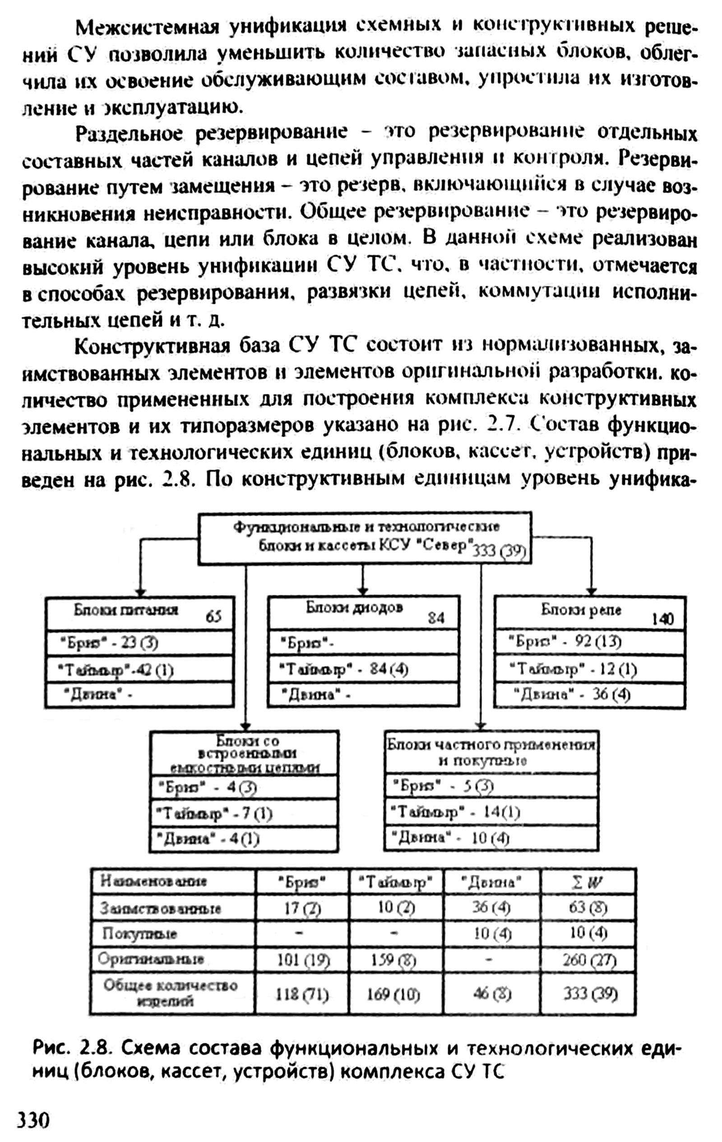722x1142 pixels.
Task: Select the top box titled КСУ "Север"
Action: click(364, 538)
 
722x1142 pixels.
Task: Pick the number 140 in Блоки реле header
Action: click(662, 619)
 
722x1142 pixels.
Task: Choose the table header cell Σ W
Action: click(588, 882)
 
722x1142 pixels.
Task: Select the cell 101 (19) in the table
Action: click(302, 960)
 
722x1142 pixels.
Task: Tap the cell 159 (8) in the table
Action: click(394, 960)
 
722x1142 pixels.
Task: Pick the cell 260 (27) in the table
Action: click(589, 960)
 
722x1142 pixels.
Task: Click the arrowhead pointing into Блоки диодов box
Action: click(363, 592)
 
